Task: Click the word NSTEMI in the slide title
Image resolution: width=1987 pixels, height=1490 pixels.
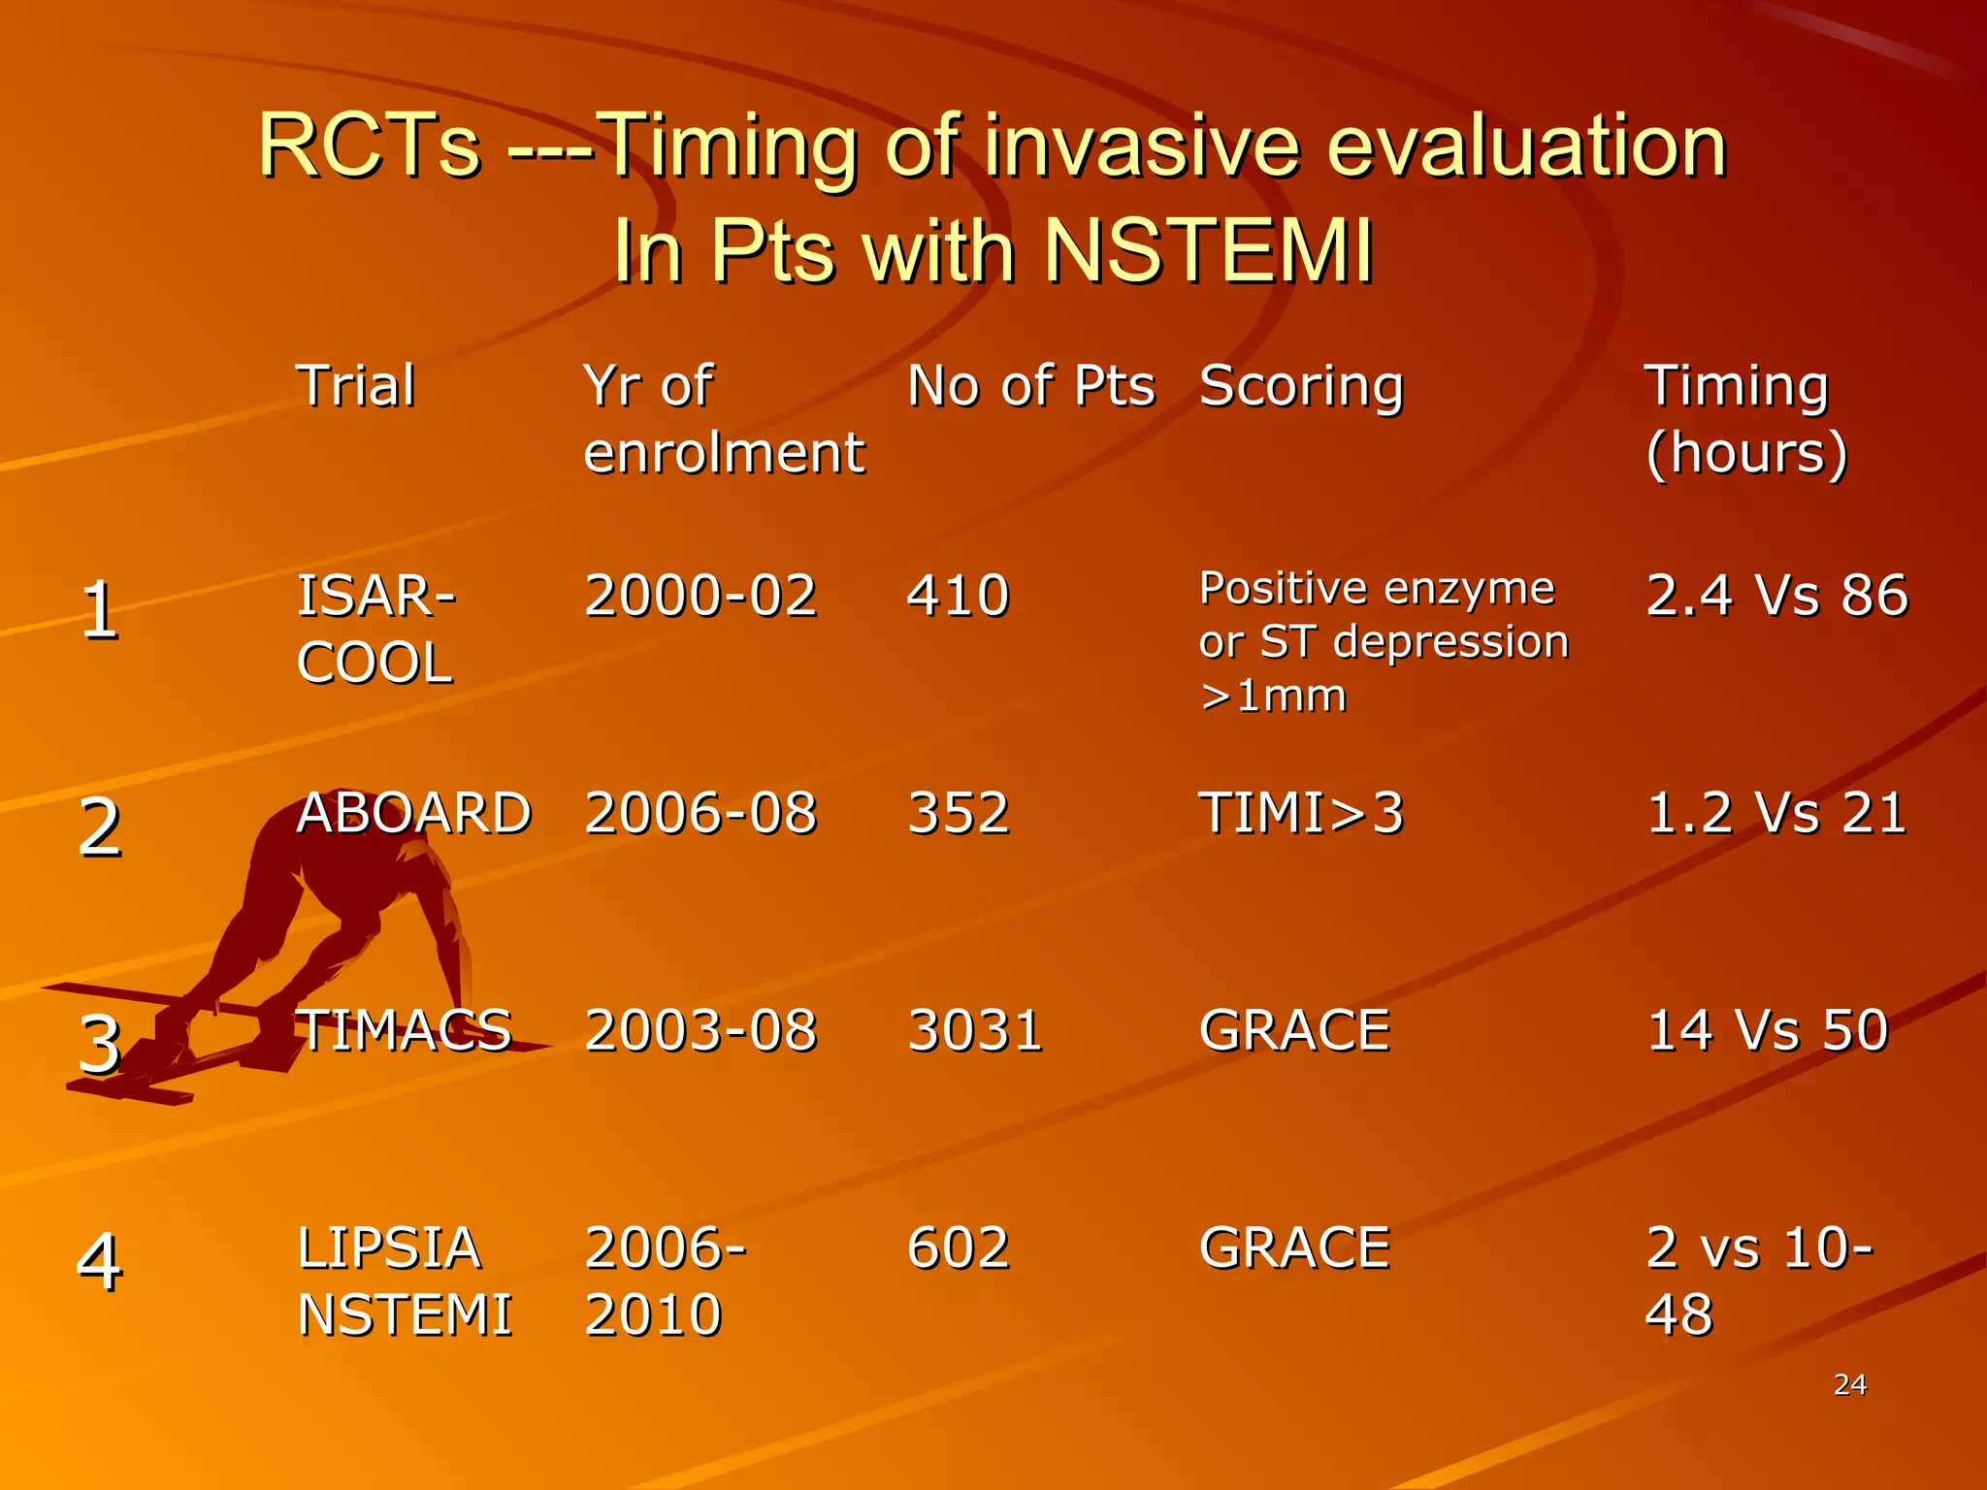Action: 1209,249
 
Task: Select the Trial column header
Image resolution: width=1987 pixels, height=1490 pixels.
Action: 356,385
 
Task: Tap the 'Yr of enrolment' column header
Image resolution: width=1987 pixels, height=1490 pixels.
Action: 723,419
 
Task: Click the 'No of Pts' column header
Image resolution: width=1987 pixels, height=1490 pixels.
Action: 1030,385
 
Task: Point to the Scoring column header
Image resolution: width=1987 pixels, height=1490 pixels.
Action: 1301,387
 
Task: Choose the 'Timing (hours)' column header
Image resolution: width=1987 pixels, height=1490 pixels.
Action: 1746,419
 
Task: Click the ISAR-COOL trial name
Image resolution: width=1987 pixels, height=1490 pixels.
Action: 375,629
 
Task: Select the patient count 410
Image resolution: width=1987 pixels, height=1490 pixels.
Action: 958,595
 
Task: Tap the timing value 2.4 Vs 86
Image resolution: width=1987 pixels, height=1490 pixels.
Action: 1776,595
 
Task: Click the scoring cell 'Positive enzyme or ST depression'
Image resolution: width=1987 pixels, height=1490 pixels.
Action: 1383,641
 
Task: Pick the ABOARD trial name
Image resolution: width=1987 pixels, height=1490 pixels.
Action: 413,812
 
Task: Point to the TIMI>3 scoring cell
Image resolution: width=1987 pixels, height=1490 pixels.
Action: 1301,812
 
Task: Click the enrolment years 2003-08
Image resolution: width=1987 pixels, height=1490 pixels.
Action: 700,1029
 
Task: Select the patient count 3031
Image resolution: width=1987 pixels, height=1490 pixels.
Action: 974,1029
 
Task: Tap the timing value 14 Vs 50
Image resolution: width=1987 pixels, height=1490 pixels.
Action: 1767,1029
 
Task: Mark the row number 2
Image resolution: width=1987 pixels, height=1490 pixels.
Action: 99,827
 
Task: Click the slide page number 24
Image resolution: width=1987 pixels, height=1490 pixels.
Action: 1849,1384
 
